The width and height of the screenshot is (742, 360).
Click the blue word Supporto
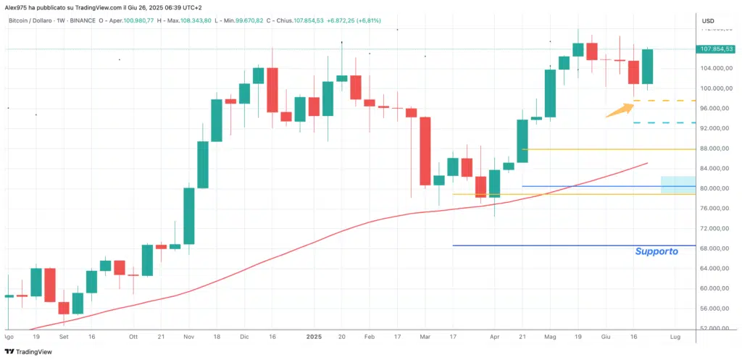(x=656, y=251)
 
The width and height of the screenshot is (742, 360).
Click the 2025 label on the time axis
(x=314, y=337)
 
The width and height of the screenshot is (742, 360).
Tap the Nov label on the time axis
(x=188, y=337)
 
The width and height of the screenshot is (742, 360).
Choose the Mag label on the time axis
(x=550, y=337)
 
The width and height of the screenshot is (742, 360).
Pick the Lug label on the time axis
(x=675, y=337)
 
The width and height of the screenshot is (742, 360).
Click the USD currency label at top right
(x=709, y=20)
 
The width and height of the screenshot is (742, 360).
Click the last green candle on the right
(x=647, y=66)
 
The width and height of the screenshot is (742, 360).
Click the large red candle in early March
(x=425, y=151)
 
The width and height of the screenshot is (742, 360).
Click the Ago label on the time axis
(x=9, y=337)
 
